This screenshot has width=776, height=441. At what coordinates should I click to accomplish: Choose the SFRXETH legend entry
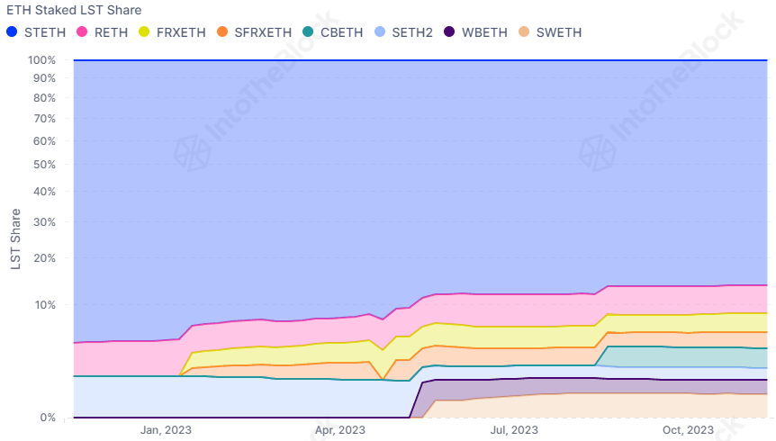pyautogui.click(x=262, y=32)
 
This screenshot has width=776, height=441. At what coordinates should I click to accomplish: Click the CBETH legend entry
pyautogui.click(x=341, y=32)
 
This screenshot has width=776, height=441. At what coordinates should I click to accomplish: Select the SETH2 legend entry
pyautogui.click(x=411, y=32)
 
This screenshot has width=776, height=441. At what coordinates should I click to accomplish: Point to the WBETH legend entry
pyautogui.click(x=483, y=32)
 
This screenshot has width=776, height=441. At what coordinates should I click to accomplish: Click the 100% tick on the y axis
pyautogui.click(x=42, y=60)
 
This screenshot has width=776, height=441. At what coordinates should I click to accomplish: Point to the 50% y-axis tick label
pyautogui.click(x=45, y=165)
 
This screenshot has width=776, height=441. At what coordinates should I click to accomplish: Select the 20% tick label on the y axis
pyautogui.click(x=45, y=258)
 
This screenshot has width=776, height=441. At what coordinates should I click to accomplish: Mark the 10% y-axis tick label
pyautogui.click(x=45, y=304)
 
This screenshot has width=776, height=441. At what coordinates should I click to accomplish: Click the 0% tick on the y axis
pyautogui.click(x=49, y=418)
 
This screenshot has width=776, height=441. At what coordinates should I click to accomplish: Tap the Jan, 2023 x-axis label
pyautogui.click(x=164, y=430)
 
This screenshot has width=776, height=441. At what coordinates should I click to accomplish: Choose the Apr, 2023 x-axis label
pyautogui.click(x=339, y=430)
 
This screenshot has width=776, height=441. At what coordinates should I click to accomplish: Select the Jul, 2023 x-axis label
pyautogui.click(x=514, y=430)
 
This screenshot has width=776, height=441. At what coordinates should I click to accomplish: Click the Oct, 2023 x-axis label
pyautogui.click(x=689, y=430)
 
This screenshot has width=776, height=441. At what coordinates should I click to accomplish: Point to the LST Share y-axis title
pyautogui.click(x=15, y=239)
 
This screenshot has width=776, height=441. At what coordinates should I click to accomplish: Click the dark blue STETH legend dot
pyautogui.click(x=12, y=32)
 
